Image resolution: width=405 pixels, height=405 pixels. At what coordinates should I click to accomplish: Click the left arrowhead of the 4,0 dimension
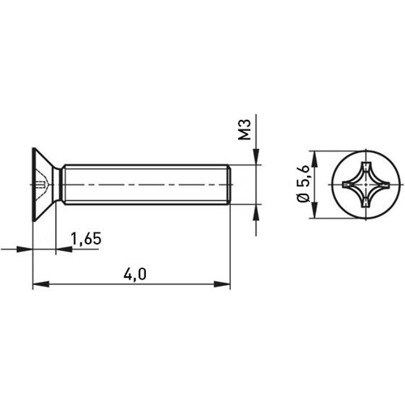pyautogui.click(x=37, y=283)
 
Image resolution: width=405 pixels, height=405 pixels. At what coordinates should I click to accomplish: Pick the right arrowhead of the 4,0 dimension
pyautogui.click(x=224, y=283)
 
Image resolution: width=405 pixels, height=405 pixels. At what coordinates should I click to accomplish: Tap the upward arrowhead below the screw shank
pyautogui.click(x=257, y=213)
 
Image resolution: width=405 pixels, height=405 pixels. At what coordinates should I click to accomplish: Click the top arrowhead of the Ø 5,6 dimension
pyautogui.click(x=313, y=155)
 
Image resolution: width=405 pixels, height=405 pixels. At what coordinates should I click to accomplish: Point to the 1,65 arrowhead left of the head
pyautogui.click(x=27, y=249)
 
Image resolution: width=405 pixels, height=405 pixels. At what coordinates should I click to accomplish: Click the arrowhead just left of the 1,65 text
pyautogui.click(x=62, y=249)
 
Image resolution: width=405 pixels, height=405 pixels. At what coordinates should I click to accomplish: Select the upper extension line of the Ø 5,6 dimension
pyautogui.click(x=332, y=150)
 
